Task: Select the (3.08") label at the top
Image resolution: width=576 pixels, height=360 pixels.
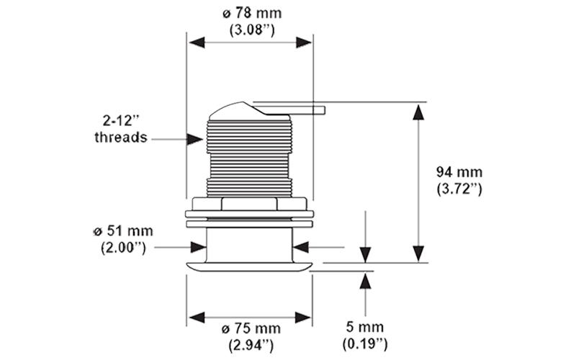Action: [x=252, y=31]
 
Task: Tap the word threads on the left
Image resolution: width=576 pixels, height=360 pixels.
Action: [x=121, y=135]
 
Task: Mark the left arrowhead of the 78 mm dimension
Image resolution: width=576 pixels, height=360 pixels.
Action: [x=192, y=42]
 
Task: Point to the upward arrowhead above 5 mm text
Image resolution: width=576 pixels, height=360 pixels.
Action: [x=368, y=277]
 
